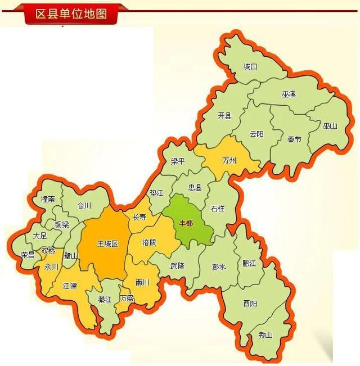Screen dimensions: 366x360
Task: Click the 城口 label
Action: pos(250,67)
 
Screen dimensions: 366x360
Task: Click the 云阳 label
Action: pos(256,134)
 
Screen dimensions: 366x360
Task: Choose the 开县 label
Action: pos(224,116)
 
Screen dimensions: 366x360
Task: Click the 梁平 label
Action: pos(178,161)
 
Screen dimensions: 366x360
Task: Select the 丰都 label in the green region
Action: pos(186,223)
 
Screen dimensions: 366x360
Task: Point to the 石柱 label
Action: pos(217,209)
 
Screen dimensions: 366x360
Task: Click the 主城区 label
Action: pos(108,244)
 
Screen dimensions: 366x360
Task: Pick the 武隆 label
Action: pos(177,266)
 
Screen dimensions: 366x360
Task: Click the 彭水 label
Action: pos(219,266)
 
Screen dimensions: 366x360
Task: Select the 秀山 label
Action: pos(265,335)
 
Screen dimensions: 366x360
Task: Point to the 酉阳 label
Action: pos(250,304)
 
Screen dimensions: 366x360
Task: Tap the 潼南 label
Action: pos(48,199)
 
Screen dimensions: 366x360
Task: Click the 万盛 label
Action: pos(127,298)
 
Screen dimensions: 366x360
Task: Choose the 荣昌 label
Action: pos(28,254)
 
